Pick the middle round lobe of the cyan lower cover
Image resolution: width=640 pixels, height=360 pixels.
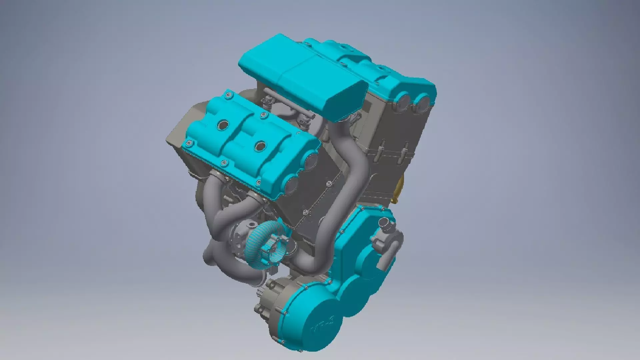coord(353,293)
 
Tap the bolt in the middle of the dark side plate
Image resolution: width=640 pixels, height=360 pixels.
coord(329,183)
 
